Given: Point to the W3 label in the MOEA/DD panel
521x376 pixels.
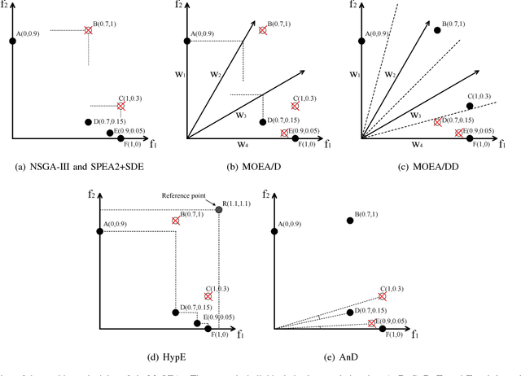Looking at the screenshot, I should coord(414,116).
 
